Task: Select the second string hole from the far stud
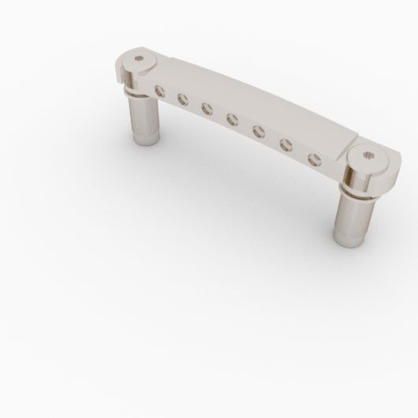coord(183,99)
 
